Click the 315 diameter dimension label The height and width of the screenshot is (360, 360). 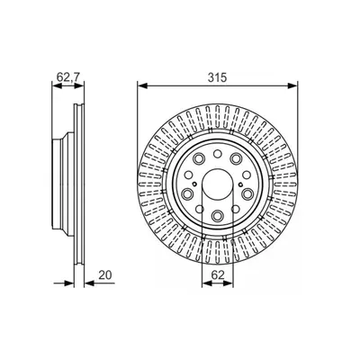(x=218, y=77)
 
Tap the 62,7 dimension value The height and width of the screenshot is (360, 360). (x=68, y=77)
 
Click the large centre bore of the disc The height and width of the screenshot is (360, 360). (x=218, y=184)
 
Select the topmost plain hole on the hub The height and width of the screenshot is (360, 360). (x=217, y=154)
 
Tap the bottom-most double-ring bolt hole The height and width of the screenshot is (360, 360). (x=217, y=215)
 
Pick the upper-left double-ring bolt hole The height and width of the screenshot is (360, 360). (x=199, y=157)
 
